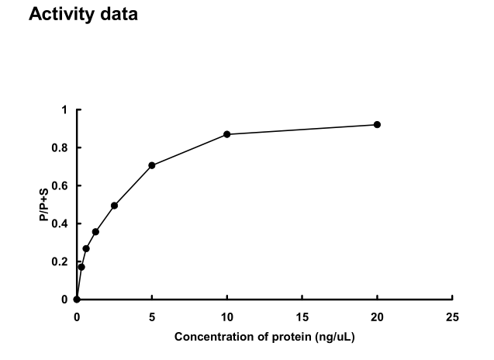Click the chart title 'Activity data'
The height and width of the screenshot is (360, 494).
tap(83, 15)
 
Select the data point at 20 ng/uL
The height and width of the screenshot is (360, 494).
tap(377, 125)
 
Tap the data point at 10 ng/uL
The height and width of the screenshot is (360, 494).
tap(227, 134)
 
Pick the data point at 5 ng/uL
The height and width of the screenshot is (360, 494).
tap(152, 165)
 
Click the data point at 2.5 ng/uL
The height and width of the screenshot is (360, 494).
tap(114, 206)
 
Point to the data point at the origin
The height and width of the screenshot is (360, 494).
tap(77, 299)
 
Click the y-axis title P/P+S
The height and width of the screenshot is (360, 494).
tap(46, 205)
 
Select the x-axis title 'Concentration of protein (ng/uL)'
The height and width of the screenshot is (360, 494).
tap(264, 337)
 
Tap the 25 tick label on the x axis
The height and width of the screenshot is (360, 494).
tap(452, 317)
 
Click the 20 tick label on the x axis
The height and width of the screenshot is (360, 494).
tap(377, 317)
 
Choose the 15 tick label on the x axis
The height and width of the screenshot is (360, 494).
tap(302, 317)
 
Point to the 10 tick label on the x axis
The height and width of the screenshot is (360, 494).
tap(227, 317)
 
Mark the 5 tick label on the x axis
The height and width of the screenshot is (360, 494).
tap(152, 317)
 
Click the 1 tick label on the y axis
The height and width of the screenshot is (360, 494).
tap(66, 110)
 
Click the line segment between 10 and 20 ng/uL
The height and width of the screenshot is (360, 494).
tap(302, 130)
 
